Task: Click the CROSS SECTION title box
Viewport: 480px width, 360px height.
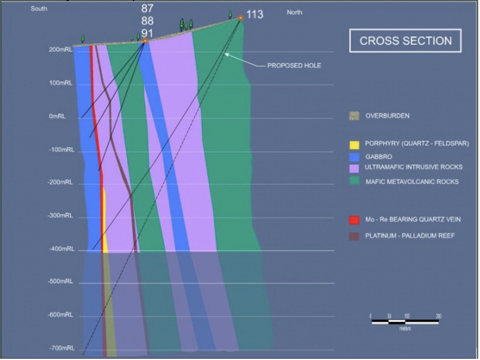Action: pyautogui.click(x=405, y=41)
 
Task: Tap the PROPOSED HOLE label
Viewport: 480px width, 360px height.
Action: pyautogui.click(x=294, y=66)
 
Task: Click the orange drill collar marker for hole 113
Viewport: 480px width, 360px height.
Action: pyautogui.click(x=240, y=18)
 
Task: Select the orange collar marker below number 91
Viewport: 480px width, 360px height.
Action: pyautogui.click(x=145, y=41)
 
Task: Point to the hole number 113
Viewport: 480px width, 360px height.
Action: pyautogui.click(x=255, y=14)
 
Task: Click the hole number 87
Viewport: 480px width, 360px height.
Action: pyautogui.click(x=147, y=8)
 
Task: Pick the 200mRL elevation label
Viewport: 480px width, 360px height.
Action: pyautogui.click(x=61, y=50)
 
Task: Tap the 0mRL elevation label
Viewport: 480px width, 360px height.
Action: pyautogui.click(x=57, y=116)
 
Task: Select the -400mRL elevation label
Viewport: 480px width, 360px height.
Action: pyautogui.click(x=62, y=249)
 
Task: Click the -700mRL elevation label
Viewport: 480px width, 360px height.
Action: pyautogui.click(x=62, y=348)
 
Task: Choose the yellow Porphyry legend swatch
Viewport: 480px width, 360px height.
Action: pyautogui.click(x=354, y=145)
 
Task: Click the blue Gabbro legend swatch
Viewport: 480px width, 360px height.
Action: pyautogui.click(x=354, y=157)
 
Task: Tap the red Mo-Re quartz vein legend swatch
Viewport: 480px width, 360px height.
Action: pyautogui.click(x=354, y=220)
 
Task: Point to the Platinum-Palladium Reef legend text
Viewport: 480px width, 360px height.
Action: pyautogui.click(x=410, y=236)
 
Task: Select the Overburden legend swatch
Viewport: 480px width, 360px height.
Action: pyautogui.click(x=354, y=116)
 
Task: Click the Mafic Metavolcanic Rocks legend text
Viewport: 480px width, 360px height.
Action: pyautogui.click(x=412, y=182)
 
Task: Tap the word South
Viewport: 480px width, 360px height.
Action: pyautogui.click(x=39, y=9)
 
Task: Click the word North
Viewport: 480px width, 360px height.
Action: pyautogui.click(x=294, y=12)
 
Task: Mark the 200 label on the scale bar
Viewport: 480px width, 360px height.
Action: pyautogui.click(x=438, y=316)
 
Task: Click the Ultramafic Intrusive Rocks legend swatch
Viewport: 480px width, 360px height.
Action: pyautogui.click(x=354, y=168)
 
